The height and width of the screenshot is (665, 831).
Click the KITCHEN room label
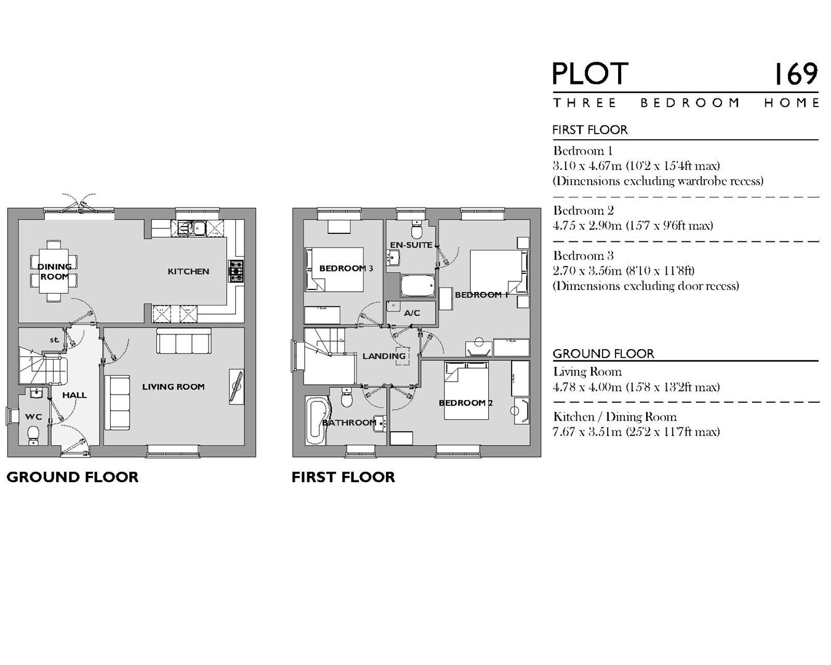click(188, 271)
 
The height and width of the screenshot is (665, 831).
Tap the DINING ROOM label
click(55, 272)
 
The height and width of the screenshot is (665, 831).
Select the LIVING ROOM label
click(173, 387)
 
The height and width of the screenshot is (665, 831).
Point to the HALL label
click(74, 395)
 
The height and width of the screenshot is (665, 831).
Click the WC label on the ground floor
click(33, 417)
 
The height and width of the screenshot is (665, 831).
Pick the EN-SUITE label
click(411, 245)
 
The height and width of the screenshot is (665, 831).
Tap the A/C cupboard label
click(412, 313)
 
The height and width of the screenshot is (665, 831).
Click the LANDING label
click(383, 356)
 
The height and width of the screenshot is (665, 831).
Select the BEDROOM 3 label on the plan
click(346, 268)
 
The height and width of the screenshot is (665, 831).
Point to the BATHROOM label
click(349, 422)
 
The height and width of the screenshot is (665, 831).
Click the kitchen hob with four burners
click(236, 271)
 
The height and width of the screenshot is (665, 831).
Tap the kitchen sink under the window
click(192, 228)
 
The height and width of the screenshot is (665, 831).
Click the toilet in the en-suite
click(417, 230)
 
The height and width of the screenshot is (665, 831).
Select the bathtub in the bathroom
click(316, 420)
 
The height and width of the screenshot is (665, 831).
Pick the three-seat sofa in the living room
click(184, 341)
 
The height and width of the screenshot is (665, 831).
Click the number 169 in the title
click(795, 75)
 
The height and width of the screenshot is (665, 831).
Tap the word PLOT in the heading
click(590, 75)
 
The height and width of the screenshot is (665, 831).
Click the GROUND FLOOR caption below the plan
click(72, 477)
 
